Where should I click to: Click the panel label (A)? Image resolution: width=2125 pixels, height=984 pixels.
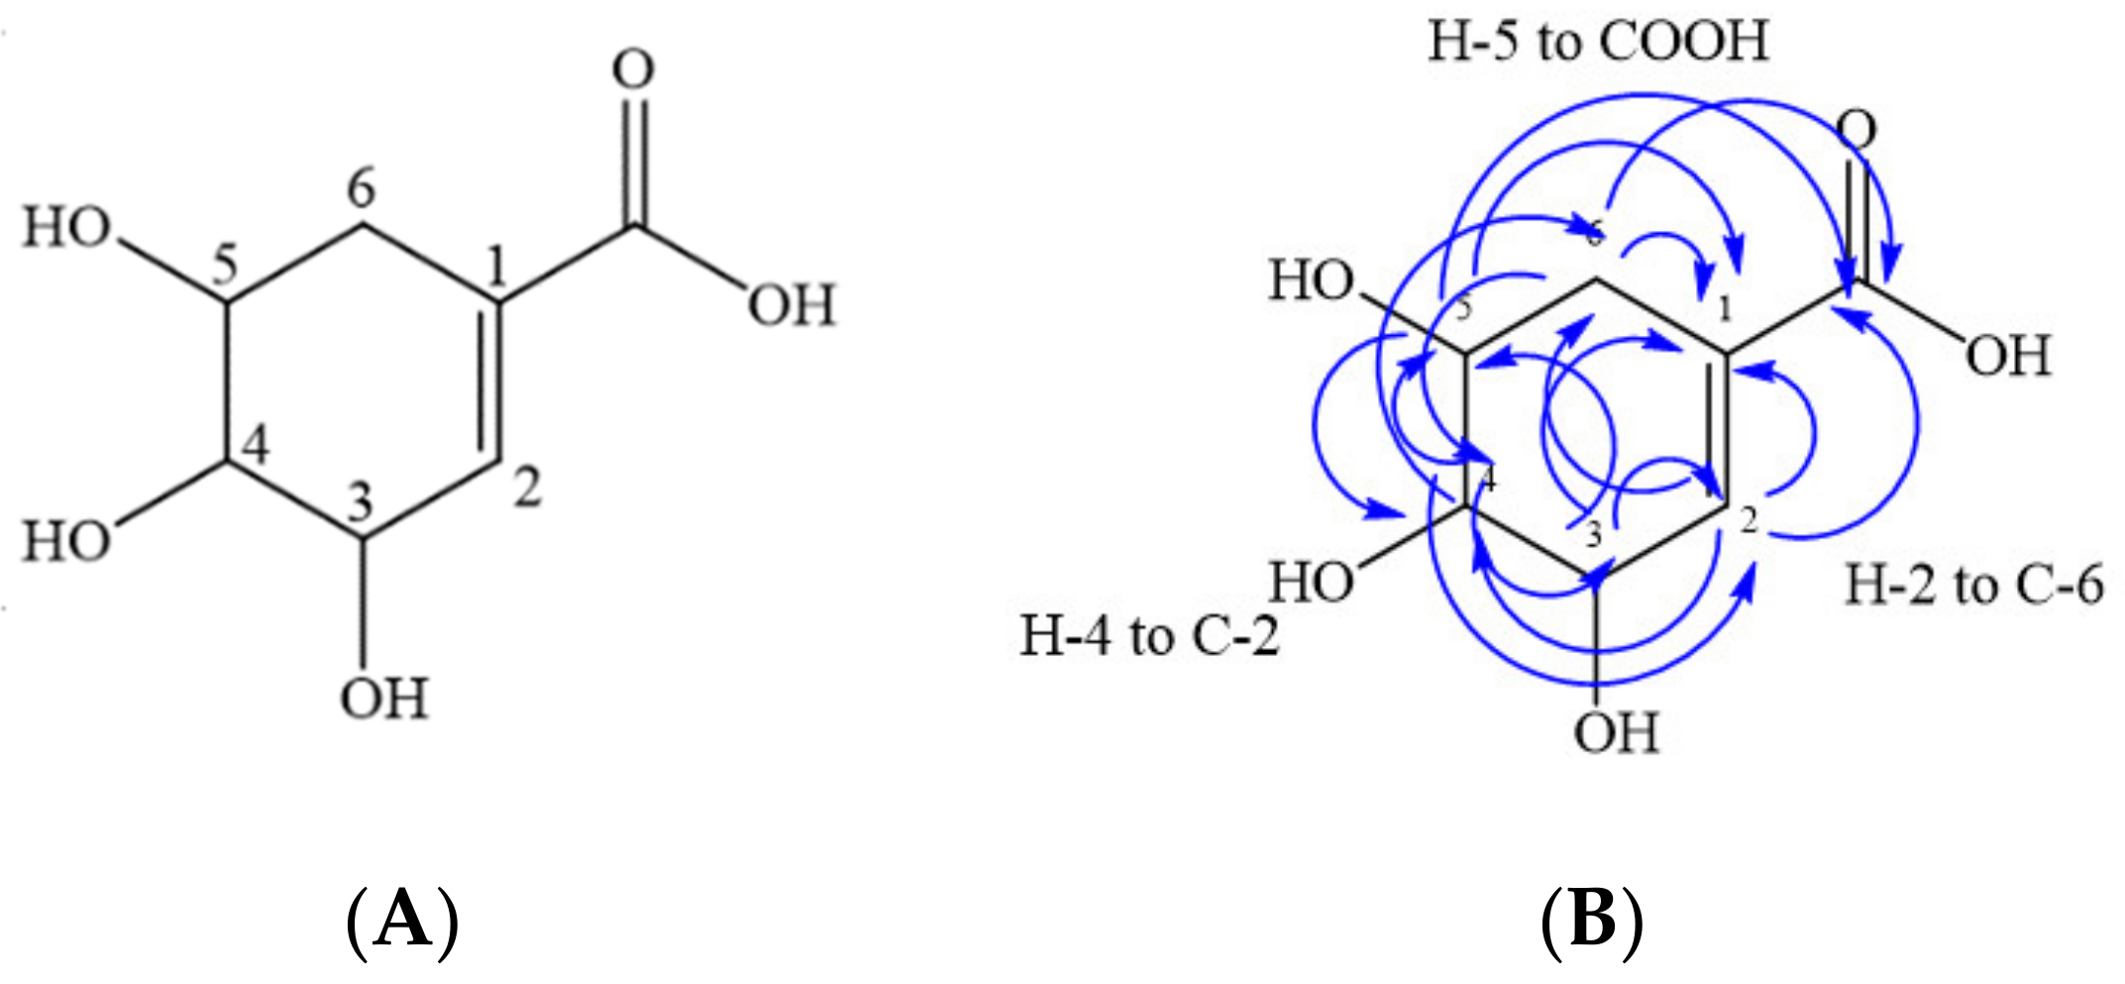[x=402, y=920]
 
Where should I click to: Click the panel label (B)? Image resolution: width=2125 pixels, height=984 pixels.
[x=1592, y=920]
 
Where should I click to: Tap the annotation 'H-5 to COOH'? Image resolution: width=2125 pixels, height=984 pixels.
[x=1597, y=42]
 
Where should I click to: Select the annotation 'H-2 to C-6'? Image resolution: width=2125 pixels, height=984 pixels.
[x=1973, y=585]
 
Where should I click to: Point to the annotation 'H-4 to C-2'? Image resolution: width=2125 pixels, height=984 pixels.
[x=1150, y=635]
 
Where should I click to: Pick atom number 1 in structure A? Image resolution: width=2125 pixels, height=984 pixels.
[x=496, y=266]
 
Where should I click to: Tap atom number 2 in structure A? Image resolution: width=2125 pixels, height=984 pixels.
[x=528, y=488]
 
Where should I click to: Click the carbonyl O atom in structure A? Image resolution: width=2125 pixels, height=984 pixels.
[x=633, y=69]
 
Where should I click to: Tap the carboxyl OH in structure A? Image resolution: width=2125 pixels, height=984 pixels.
[x=792, y=305]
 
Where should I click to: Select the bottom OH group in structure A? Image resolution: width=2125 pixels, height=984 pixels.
[x=383, y=699]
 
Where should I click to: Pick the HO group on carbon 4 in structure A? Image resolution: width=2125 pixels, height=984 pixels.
[x=66, y=542]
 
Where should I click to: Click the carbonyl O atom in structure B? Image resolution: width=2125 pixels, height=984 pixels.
[x=1858, y=130]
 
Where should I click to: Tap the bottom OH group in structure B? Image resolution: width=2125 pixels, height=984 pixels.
[x=1617, y=733]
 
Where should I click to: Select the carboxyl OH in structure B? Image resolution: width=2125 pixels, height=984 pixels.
[x=2008, y=355]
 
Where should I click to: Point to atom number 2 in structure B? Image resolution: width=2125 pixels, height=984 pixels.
[x=1749, y=519]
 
